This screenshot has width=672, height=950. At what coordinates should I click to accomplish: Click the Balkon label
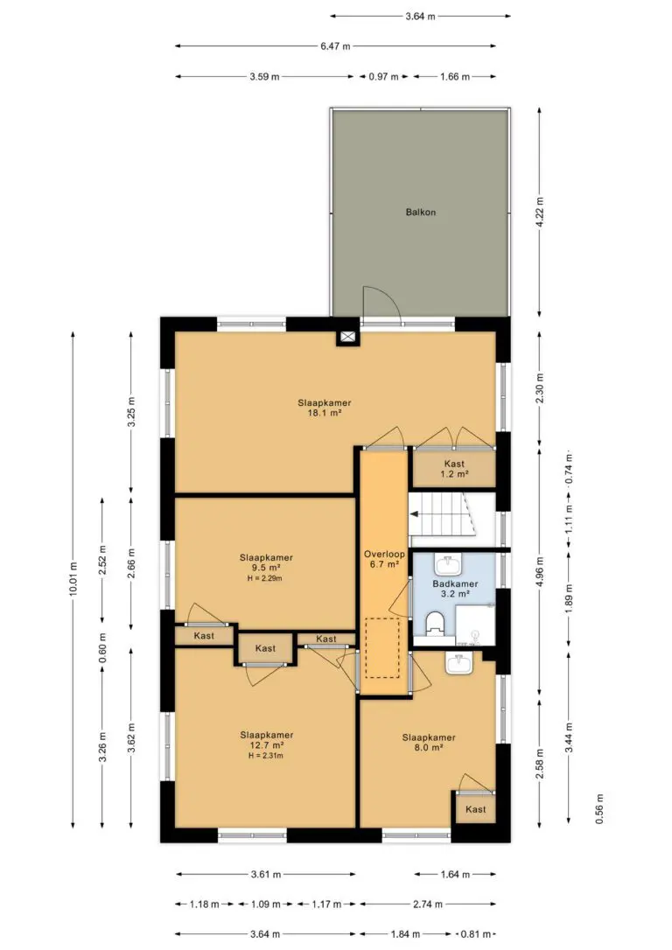click(x=421, y=212)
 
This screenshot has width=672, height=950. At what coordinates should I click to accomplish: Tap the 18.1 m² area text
click(x=324, y=413)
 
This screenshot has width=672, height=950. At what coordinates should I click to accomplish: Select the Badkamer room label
click(x=455, y=583)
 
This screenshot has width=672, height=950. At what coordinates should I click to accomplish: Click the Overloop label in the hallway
click(x=384, y=554)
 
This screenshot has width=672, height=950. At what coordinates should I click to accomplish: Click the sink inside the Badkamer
click(x=448, y=565)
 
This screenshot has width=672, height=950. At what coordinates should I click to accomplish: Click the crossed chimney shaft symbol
click(x=348, y=338)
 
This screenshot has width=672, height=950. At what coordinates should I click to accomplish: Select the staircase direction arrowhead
click(x=414, y=514)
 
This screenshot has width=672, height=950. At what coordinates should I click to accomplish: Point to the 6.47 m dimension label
click(x=336, y=45)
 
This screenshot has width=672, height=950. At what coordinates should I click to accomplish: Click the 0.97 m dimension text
click(x=383, y=76)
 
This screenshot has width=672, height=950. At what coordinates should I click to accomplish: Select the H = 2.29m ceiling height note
click(x=265, y=578)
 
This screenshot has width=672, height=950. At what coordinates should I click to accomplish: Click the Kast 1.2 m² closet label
click(x=454, y=469)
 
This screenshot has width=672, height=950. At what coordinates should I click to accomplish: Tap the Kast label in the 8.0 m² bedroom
click(x=476, y=809)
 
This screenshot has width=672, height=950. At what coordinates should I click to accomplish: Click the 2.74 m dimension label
click(x=427, y=904)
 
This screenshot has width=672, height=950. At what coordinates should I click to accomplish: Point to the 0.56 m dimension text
click(x=599, y=808)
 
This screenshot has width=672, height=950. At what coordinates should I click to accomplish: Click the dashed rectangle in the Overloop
click(x=382, y=647)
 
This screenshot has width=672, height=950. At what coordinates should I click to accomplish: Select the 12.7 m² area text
click(x=267, y=745)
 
